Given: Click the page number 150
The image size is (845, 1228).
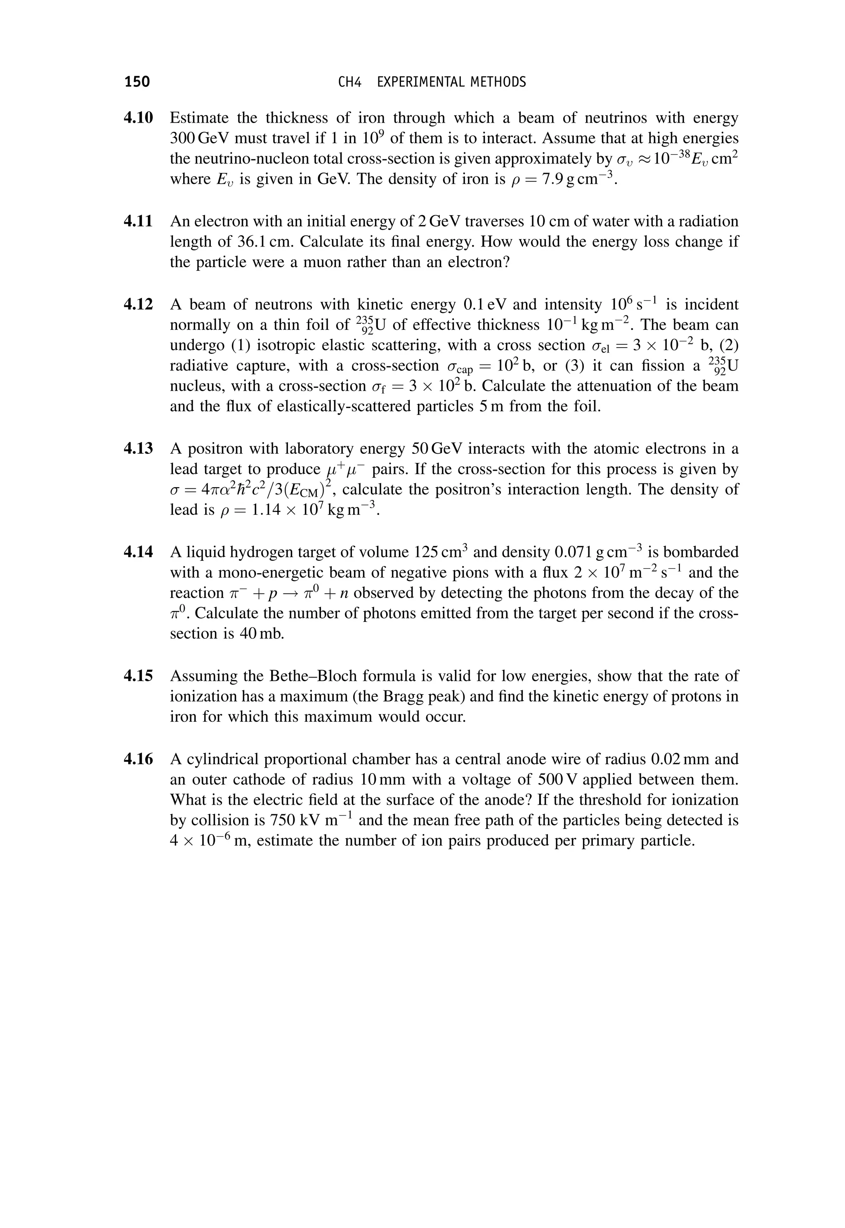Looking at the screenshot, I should coord(137,82).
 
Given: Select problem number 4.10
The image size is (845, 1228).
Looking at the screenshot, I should coord(138,118).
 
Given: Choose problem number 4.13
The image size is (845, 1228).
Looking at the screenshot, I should coord(138,449).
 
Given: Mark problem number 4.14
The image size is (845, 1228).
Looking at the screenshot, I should coord(138,552).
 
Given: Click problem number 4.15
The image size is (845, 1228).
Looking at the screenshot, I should coord(138,676).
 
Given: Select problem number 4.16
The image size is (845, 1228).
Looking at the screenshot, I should coord(138,759).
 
